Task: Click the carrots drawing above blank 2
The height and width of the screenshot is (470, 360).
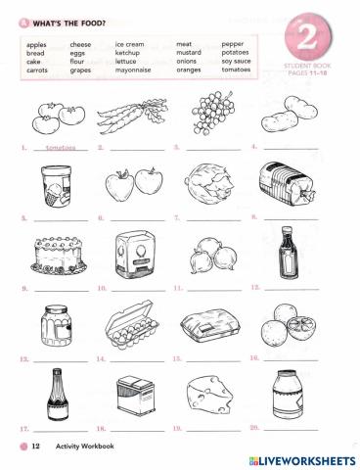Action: click(x=131, y=119)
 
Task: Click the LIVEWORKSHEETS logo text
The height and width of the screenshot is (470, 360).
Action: click(x=302, y=459)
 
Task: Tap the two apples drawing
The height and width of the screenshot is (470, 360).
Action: click(x=134, y=181)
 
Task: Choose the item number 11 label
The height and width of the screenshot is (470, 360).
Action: click(x=176, y=289)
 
